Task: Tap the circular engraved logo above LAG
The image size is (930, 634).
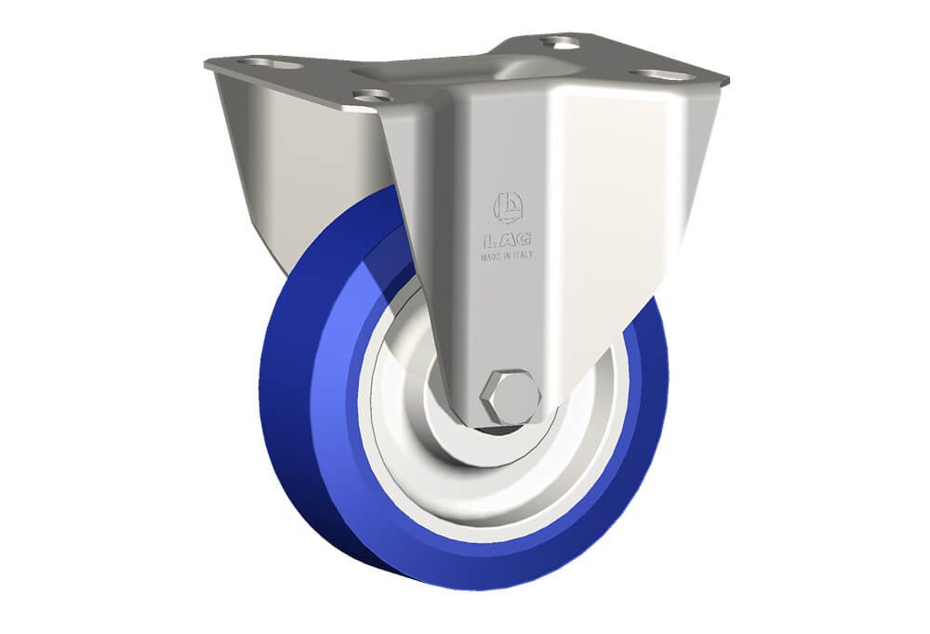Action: (x=509, y=207)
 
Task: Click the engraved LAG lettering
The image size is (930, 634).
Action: (x=507, y=240)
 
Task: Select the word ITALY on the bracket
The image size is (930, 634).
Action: (x=523, y=255)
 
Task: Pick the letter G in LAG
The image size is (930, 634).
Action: (x=524, y=240)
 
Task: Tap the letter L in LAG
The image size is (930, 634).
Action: (x=489, y=241)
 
